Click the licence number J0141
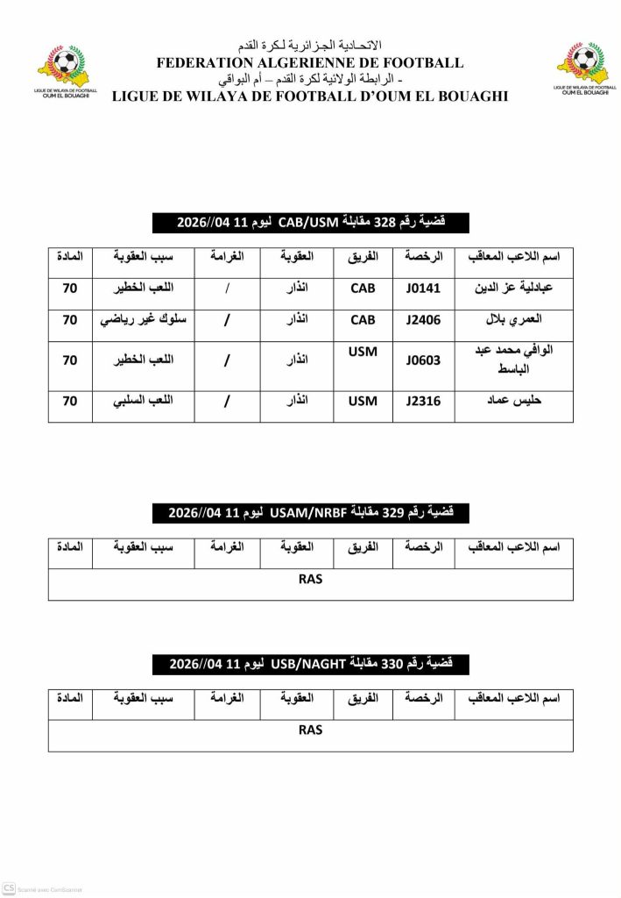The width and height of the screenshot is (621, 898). point(424,287)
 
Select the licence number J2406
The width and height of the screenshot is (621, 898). point(424,320)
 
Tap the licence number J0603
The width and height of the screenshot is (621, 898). point(424,359)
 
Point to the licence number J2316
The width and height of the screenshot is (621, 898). point(424,401)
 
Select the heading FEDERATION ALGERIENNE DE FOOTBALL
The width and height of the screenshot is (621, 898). point(310,63)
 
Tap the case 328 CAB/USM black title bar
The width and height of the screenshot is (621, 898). point(310,223)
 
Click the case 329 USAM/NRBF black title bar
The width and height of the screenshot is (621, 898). point(310,512)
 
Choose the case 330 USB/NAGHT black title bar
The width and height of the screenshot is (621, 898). point(310,664)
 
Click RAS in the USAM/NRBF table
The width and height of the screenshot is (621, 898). point(310,579)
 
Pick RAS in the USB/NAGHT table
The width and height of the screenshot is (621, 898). point(310,730)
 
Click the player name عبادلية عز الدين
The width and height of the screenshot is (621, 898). point(514,287)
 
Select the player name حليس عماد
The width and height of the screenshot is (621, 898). point(514,401)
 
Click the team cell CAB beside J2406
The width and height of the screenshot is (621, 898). point(363,320)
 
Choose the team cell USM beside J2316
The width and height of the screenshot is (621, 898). point(363,401)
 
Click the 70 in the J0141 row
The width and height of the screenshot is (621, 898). point(70,287)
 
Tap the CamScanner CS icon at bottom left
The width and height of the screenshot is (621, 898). point(9,888)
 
